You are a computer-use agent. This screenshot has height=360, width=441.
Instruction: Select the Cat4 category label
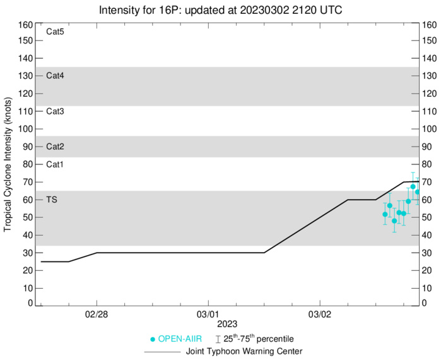[56, 76]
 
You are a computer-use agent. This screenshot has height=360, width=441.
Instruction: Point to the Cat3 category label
[56, 111]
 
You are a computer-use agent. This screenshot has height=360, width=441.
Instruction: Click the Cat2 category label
[56, 147]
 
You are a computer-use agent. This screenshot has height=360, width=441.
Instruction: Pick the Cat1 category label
[56, 164]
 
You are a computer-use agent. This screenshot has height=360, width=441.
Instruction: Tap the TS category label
[52, 200]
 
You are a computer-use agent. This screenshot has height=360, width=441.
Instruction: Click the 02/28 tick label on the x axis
[97, 314]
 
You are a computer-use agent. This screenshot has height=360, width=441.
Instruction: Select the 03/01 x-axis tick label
[208, 314]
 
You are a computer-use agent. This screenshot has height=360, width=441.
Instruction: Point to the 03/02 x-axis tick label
[320, 314]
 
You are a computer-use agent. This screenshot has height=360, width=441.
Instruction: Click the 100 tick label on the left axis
[25, 129]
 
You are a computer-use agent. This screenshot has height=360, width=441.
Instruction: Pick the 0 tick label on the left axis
[30, 303]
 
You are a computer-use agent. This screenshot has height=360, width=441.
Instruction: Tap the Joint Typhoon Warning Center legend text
[244, 351]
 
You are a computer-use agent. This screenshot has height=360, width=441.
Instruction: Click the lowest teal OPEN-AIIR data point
[394, 220]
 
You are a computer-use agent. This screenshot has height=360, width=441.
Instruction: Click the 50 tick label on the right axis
[427, 217]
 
